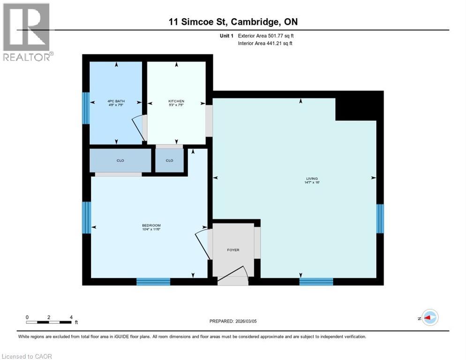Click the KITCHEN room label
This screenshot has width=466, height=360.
click(x=176, y=101)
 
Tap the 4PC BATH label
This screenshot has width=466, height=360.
click(x=116, y=101)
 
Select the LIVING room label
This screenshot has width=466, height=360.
click(x=312, y=179)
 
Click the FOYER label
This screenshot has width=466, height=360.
click(x=233, y=250)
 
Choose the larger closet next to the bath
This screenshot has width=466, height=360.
click(x=120, y=160)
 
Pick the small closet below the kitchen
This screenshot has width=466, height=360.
click(x=169, y=160)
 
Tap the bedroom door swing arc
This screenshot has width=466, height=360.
click(x=200, y=239)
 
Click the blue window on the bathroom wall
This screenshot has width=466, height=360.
click(x=86, y=108)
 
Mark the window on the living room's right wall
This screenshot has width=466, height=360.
click(x=380, y=218)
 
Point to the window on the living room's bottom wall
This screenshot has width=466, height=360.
click(x=316, y=281)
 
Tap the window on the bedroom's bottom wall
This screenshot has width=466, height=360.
click(x=153, y=281)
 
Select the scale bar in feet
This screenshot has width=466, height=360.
click(x=49, y=322)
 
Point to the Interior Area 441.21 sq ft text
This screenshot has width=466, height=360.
click(x=266, y=44)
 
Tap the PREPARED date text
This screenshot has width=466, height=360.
click(x=233, y=321)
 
